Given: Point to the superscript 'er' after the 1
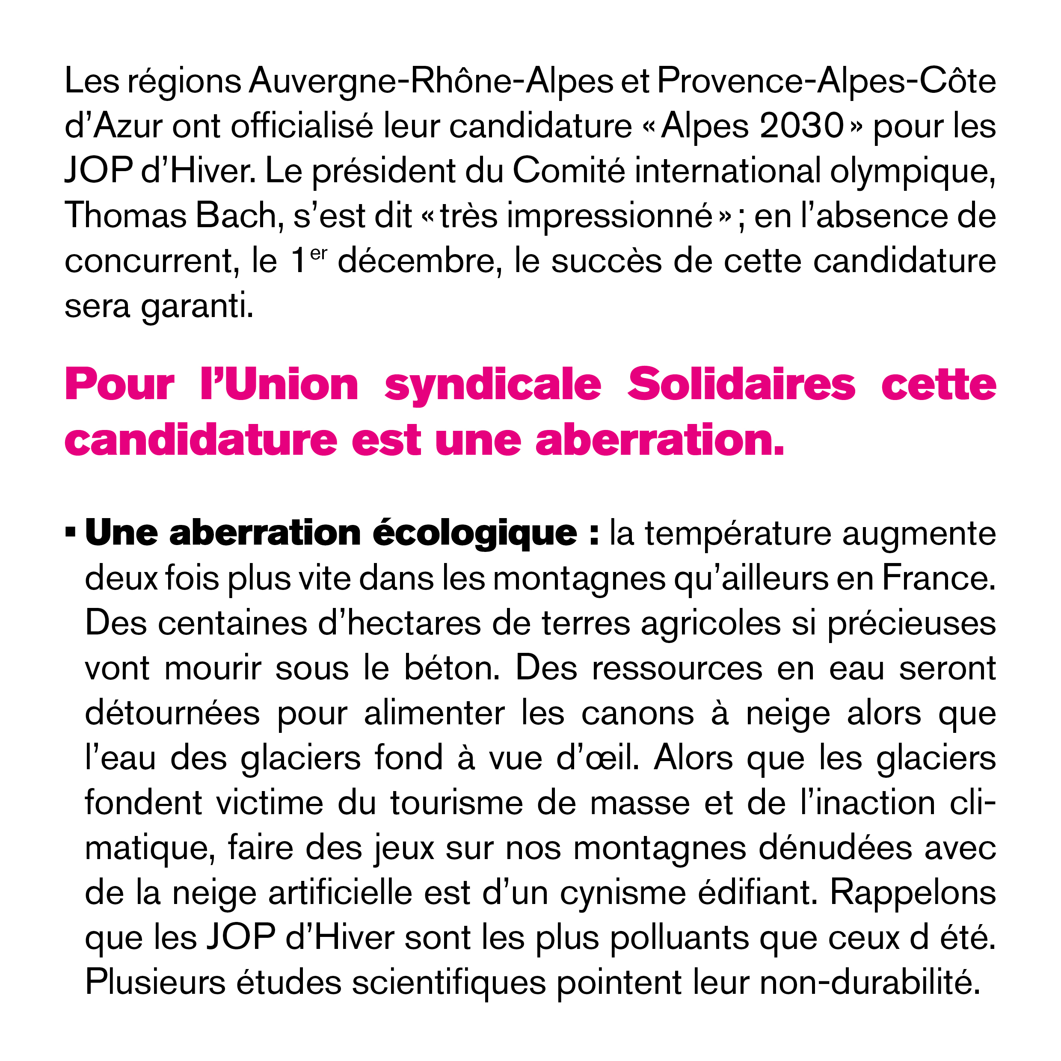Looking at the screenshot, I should coord(319,254).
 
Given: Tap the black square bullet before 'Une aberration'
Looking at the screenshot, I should coord(70,532).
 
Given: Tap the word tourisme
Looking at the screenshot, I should coord(457,803).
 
